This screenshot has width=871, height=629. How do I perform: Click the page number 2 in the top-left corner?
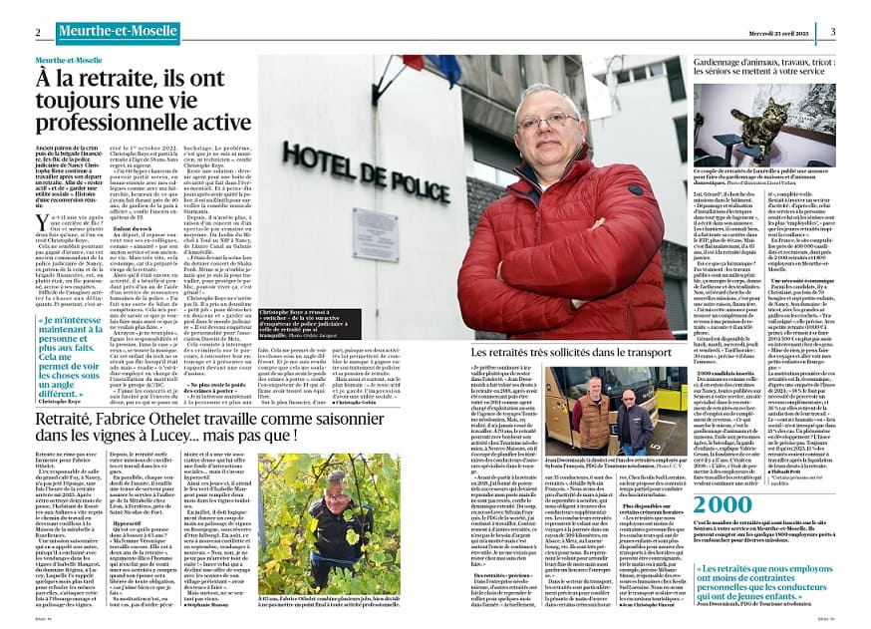(x=38, y=32)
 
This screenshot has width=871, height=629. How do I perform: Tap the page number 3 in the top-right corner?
(x=832, y=32)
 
